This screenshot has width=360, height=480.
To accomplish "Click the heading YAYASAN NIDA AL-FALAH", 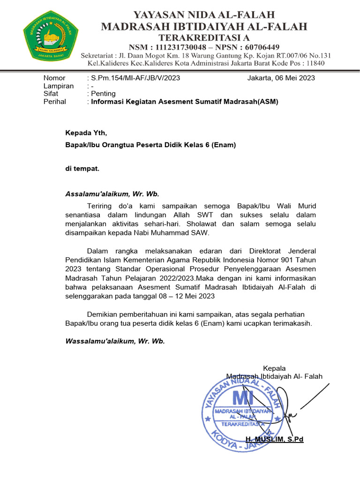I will pos(204,15).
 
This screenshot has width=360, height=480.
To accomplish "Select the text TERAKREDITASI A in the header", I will pos(204,37).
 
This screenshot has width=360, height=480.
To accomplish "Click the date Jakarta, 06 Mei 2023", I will pos(281,78).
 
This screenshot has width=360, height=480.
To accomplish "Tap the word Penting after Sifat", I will pos(103,94).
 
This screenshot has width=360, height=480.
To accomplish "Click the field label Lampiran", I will pos(59,86).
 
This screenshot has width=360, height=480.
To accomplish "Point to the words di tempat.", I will pos(82,169).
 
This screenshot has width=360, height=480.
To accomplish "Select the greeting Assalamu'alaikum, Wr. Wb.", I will pos(112,194).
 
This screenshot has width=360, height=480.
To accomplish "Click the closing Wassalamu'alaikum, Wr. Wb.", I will pos(115,341).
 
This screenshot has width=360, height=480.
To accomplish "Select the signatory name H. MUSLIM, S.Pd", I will pos(275,439).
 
